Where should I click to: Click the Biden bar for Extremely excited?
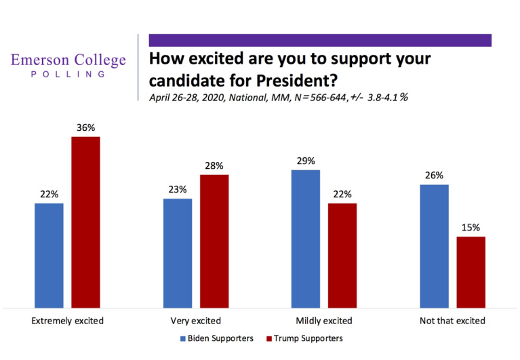pos(49,255)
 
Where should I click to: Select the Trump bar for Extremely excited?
pos(85,222)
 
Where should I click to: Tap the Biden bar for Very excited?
pos(178,252)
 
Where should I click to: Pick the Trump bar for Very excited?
pos(214,241)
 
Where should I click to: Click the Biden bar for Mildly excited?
pos(305,238)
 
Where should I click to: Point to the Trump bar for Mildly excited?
pos(342,255)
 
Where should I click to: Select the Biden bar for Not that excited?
pos(435,245)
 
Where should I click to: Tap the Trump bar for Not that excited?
pos(471,271)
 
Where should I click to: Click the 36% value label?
pos(85,127)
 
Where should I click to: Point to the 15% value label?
pos(471,227)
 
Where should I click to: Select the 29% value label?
pos(305,161)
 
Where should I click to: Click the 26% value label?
pos(435,176)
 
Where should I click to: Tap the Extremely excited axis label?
pos(67,321)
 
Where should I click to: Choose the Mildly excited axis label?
pos(323,321)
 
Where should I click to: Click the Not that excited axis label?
pos(453,321)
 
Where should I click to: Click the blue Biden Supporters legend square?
pos(182,338)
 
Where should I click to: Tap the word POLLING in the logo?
pos(68,74)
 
